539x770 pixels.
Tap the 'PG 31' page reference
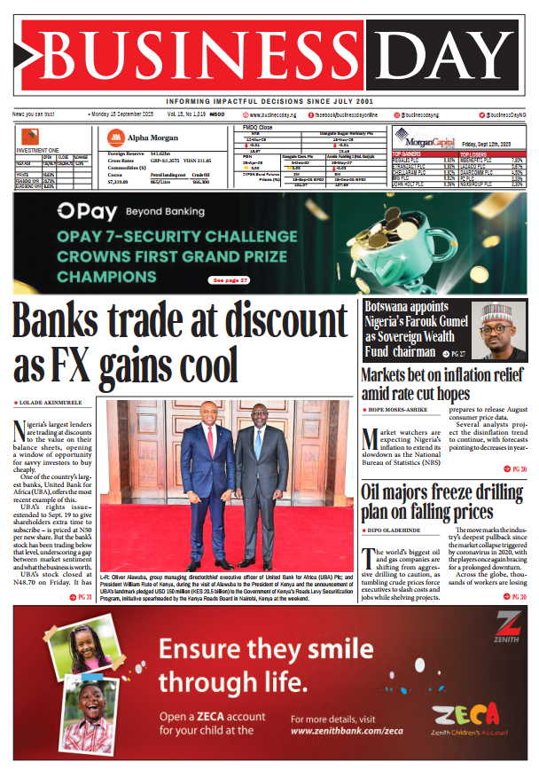pyautogui.click(x=82, y=597)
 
